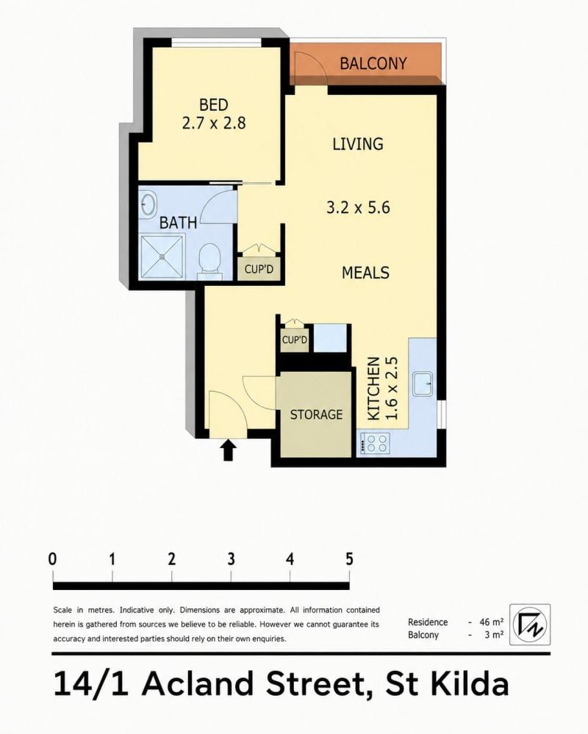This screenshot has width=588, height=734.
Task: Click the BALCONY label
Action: [373, 63]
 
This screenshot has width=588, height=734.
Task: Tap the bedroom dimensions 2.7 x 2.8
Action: [213, 123]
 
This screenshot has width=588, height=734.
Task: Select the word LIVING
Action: [358, 144]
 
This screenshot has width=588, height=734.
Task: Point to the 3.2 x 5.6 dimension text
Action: [358, 207]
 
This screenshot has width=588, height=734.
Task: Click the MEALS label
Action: [365, 273]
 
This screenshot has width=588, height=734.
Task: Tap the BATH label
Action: [178, 223]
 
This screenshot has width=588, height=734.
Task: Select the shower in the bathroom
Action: [162, 256]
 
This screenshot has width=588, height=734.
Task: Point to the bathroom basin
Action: [149, 204]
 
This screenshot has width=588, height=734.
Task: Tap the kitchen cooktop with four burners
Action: [375, 443]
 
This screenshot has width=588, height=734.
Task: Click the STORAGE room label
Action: [317, 414]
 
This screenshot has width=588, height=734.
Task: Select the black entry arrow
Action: [228, 450]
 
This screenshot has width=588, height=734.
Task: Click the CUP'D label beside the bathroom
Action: [259, 270]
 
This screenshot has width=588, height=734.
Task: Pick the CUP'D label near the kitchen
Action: [295, 340]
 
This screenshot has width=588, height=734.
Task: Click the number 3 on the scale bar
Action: [231, 559]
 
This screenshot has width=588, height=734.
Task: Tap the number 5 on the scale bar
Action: [349, 559]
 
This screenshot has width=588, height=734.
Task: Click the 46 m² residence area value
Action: [492, 622]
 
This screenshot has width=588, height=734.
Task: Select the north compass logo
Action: [530, 624]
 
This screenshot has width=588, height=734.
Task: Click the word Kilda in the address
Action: [470, 684]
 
